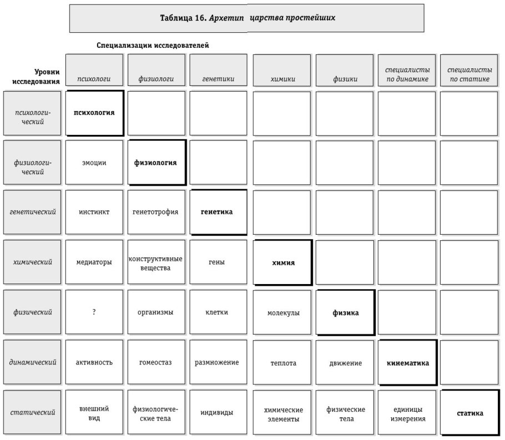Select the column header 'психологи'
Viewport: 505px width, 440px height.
click(x=94, y=79)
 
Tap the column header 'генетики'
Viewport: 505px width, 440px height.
click(x=218, y=79)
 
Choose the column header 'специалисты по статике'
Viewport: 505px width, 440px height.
click(x=469, y=74)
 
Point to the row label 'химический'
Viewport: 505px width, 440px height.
click(x=32, y=262)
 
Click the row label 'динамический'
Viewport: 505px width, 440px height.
click(x=32, y=362)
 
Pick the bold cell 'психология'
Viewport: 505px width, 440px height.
click(x=94, y=113)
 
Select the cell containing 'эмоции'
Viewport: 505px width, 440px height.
click(x=94, y=163)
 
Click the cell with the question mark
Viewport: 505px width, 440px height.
click(x=94, y=312)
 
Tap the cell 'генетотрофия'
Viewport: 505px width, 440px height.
click(x=155, y=212)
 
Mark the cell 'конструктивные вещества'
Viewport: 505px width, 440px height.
click(x=155, y=263)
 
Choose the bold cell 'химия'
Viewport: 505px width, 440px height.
click(x=283, y=263)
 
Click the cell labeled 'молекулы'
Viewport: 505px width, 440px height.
click(x=283, y=313)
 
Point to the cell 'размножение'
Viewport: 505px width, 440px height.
click(x=218, y=362)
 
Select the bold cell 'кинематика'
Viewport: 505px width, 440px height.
click(x=408, y=363)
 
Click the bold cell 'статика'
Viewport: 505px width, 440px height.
click(x=470, y=413)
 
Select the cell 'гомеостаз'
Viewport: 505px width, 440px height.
click(x=155, y=363)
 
